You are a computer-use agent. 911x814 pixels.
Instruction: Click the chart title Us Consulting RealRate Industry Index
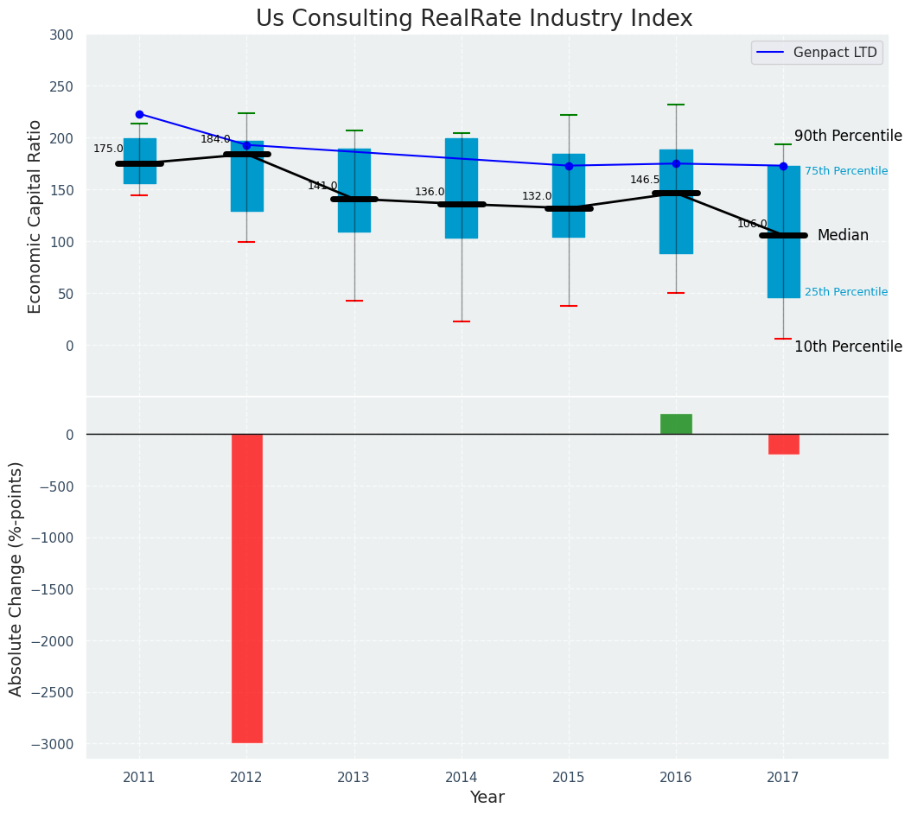tap(474, 19)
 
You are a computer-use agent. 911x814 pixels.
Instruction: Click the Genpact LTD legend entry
tap(817, 53)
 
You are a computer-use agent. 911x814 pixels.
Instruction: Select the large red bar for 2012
tap(246, 588)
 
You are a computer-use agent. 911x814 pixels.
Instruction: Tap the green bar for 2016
tap(676, 424)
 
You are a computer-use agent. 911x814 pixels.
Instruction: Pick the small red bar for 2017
tap(783, 444)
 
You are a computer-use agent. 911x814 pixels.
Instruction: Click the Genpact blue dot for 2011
tap(139, 114)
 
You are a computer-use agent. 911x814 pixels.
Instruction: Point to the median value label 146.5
tap(645, 180)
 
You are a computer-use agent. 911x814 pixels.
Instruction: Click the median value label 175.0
tap(108, 149)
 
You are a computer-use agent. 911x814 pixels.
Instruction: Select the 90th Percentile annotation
tap(848, 136)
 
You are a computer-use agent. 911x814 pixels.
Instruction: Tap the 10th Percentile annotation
tap(848, 347)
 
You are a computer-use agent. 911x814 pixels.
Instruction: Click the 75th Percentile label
tap(845, 171)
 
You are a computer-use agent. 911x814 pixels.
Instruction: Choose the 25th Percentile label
tap(845, 292)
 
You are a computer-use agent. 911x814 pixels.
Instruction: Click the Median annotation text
tap(843, 235)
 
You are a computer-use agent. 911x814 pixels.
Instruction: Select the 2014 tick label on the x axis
tap(462, 777)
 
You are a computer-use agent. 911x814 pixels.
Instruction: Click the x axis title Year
tap(487, 798)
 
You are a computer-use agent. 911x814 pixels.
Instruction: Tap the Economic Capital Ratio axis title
tap(35, 216)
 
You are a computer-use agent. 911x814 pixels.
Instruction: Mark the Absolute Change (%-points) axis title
tap(16, 578)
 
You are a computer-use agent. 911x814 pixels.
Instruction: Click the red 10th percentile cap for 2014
tap(462, 321)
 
